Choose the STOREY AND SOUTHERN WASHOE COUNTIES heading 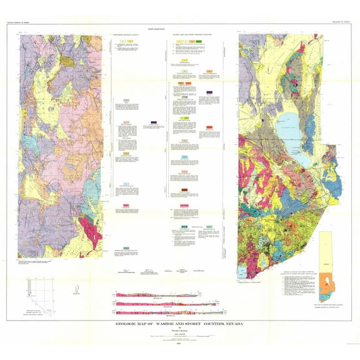[x=189, y=34]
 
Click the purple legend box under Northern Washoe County [x=154, y=122]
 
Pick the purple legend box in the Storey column [x=209, y=92]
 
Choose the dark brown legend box [x=185, y=189]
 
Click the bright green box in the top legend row [x=199, y=41]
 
